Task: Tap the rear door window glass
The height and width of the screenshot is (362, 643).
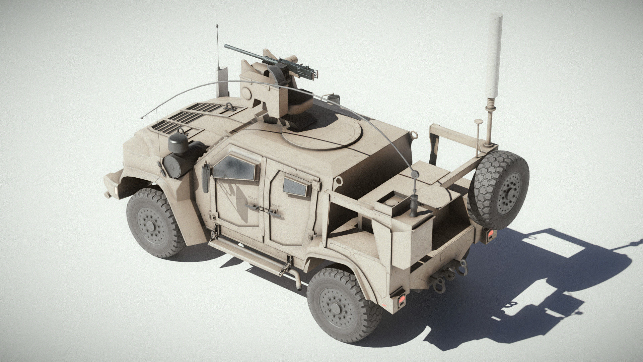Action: (295, 186)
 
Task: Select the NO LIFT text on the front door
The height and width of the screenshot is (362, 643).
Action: (253, 197)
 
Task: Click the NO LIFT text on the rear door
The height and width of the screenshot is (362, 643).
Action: (276, 205)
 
